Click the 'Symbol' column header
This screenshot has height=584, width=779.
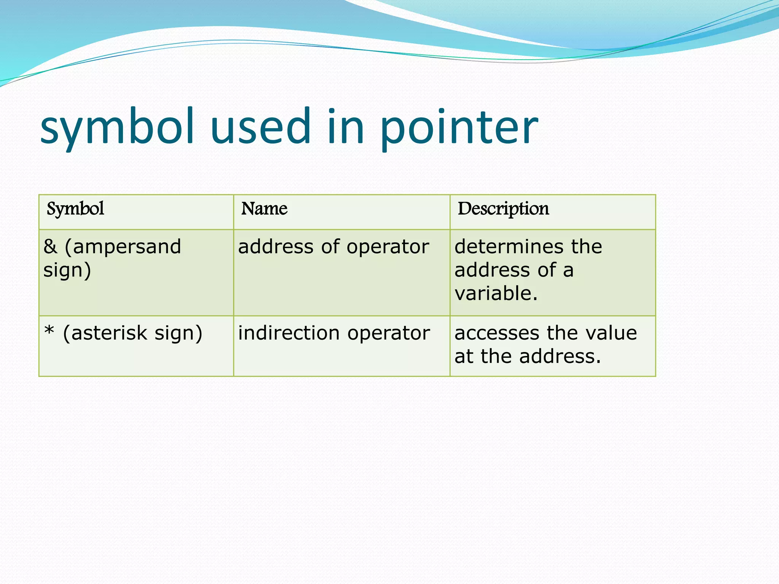pyautogui.click(x=75, y=209)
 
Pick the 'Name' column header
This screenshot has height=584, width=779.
pyautogui.click(x=264, y=209)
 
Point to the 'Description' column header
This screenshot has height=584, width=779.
pyautogui.click(x=503, y=209)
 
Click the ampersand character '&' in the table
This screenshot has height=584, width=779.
pyautogui.click(x=50, y=247)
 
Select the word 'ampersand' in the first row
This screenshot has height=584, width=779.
pyautogui.click(x=127, y=247)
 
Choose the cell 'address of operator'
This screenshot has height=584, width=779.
pyautogui.click(x=334, y=247)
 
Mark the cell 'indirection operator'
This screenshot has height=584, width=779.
pyautogui.click(x=334, y=333)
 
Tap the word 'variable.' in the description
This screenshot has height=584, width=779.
pyautogui.click(x=496, y=294)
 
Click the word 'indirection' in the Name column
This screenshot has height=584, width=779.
pyautogui.click(x=289, y=333)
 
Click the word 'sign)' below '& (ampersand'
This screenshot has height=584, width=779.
pyautogui.click(x=67, y=271)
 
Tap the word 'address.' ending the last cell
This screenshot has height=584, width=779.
pyautogui.click(x=560, y=357)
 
